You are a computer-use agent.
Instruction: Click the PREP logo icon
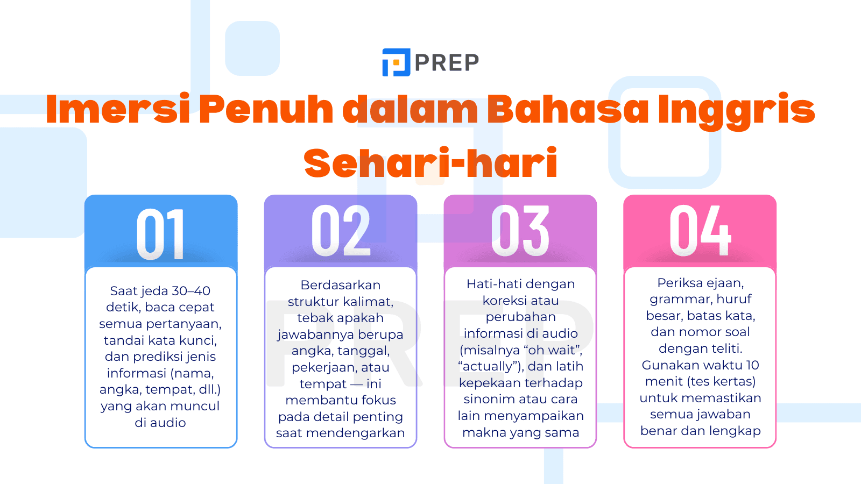pos(396,62)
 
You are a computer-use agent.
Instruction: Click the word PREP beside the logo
pos(447,63)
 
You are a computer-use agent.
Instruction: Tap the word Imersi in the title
pos(118,109)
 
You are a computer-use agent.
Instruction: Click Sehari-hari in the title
pos(430,163)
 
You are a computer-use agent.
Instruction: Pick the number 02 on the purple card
pos(341,231)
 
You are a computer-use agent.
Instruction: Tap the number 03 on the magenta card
pos(520,231)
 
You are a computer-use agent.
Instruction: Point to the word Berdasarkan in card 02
pos(341,285)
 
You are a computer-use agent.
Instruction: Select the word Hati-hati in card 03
pos(490,284)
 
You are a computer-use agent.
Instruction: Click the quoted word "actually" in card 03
pos(490,366)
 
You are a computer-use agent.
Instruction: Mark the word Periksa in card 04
pos(678,283)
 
